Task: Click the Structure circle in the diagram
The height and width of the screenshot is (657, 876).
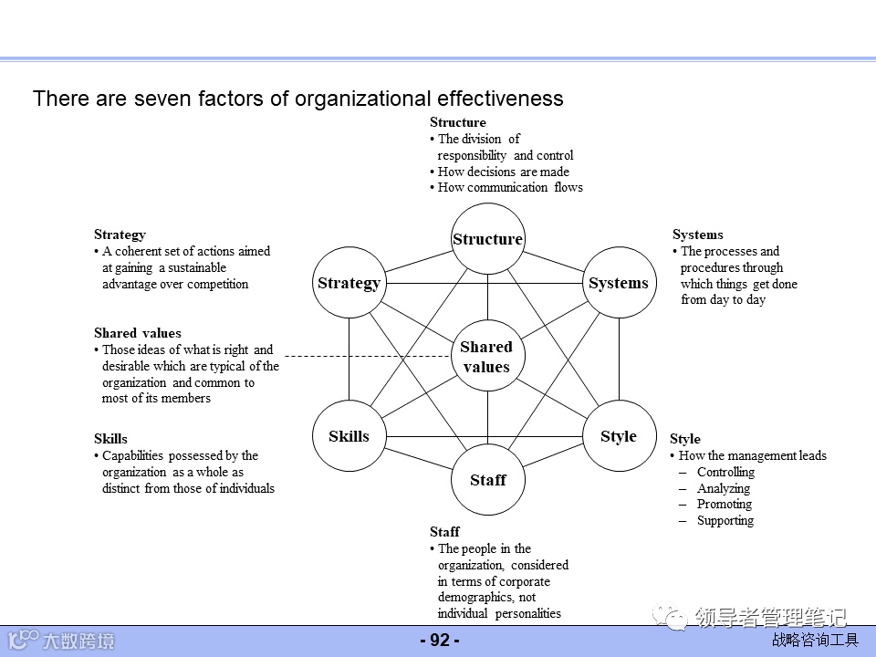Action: tap(487, 239)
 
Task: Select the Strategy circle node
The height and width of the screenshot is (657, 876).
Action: tap(349, 283)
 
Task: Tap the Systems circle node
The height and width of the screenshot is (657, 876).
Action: tap(619, 283)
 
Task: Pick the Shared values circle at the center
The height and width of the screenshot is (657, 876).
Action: tap(486, 357)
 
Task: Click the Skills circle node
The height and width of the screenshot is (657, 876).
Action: tap(349, 436)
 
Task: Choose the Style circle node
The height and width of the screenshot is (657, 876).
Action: tap(619, 436)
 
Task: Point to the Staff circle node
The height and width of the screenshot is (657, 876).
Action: tap(487, 480)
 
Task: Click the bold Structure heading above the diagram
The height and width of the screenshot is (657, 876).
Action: tap(458, 122)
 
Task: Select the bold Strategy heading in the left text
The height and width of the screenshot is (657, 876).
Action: tap(120, 235)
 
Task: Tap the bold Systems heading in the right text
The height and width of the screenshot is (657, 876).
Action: tap(698, 235)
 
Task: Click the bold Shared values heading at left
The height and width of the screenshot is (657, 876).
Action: tap(138, 333)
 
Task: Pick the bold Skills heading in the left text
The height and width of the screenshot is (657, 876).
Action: tap(111, 439)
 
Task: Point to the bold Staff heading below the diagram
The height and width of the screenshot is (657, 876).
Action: tap(444, 531)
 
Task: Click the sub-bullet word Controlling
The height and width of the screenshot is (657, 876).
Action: tap(725, 472)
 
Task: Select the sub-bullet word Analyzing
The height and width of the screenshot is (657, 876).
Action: tap(725, 488)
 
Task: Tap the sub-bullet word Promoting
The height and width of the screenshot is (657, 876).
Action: tap(725, 504)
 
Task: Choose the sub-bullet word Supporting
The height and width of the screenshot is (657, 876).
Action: tap(725, 520)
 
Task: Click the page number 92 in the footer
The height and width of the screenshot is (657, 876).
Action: tap(440, 641)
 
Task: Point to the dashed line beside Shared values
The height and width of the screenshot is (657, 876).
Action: tap(365, 355)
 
